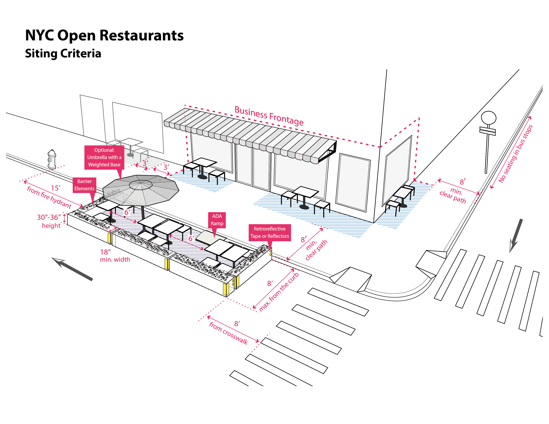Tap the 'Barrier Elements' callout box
coord(85,185)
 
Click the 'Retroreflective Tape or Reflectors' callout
coord(270,232)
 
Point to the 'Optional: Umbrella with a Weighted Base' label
coord(104,157)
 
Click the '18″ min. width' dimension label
coord(115,256)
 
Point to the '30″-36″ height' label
coord(49,221)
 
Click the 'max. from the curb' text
coord(279,292)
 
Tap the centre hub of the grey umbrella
coord(141,185)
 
